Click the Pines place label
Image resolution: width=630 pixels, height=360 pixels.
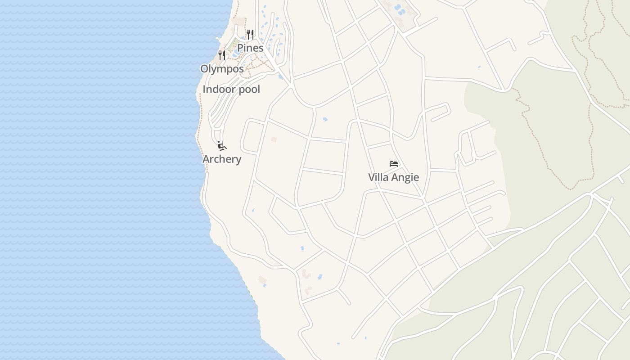(x=250, y=48)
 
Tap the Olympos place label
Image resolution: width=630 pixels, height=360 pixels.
(x=222, y=69)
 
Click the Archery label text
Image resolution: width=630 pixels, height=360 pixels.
(x=222, y=159)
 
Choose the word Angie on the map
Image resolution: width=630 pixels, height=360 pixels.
(x=404, y=177)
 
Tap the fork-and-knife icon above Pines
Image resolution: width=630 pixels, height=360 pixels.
(x=250, y=34)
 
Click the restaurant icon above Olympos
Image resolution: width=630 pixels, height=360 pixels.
(x=222, y=55)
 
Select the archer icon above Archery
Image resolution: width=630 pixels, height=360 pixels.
(x=221, y=145)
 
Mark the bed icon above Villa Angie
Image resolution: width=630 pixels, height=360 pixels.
(x=394, y=164)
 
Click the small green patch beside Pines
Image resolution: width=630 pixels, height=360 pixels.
(x=232, y=45)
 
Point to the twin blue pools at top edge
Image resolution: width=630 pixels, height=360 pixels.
(x=399, y=8)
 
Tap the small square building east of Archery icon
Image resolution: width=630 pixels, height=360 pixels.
(x=274, y=139)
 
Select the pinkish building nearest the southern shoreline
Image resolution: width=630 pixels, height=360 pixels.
(x=263, y=280)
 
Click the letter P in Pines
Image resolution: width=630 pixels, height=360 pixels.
(x=240, y=48)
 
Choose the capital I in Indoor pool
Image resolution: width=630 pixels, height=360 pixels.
(x=204, y=89)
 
